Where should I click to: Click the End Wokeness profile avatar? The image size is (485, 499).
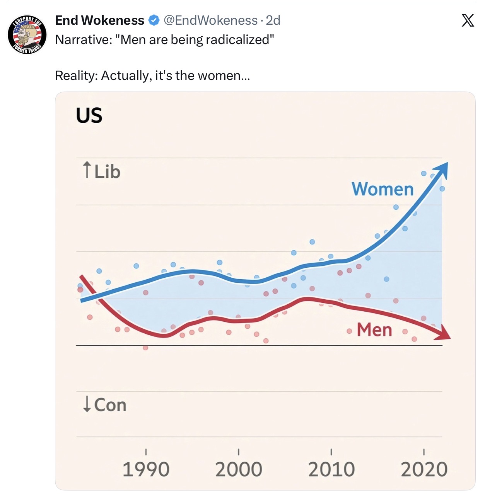27,34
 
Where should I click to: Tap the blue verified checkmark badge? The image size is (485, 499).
154,20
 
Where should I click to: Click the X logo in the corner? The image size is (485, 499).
468,20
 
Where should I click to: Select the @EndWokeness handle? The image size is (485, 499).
210,20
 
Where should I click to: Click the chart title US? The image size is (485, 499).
89,115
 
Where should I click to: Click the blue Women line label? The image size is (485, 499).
383,189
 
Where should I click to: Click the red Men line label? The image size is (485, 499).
374,330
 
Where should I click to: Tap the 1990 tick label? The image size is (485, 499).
146,469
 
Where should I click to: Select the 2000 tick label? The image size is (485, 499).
239,469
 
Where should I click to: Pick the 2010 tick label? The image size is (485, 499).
331,469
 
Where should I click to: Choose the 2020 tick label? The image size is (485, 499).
424,469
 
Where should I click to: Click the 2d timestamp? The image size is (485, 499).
273,20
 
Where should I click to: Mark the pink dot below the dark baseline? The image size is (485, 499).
145,348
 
